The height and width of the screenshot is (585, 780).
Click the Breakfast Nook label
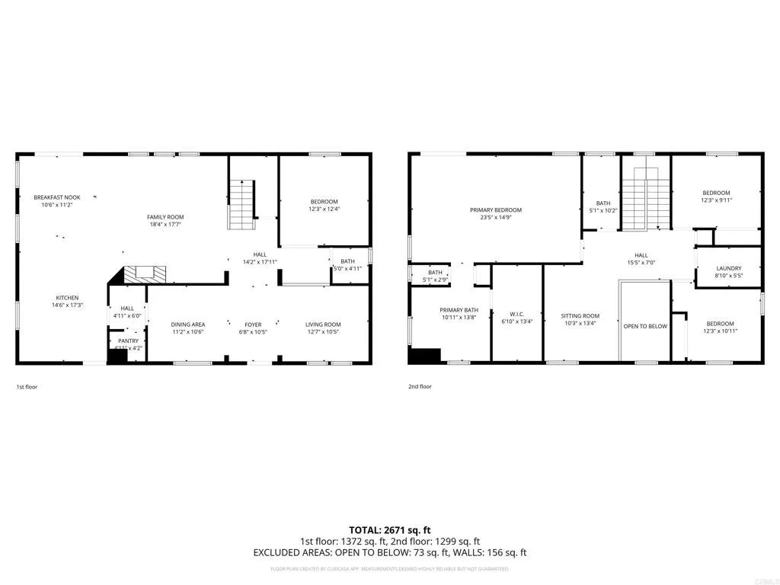pos(57,197)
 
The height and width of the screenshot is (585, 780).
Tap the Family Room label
pos(165,217)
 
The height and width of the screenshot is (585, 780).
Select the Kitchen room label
pos(67,298)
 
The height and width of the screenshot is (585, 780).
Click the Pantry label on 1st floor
pos(128,340)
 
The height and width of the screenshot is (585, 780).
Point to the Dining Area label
pos(187,324)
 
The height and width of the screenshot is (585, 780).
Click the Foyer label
pos(253,324)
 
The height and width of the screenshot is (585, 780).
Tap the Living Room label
pos(323,324)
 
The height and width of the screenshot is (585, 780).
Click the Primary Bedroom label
pos(496,210)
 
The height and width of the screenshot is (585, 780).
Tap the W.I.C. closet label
pos(517,314)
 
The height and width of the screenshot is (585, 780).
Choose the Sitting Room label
pos(580,315)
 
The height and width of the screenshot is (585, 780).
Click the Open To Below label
pos(645,326)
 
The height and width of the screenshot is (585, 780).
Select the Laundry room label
pos(729,269)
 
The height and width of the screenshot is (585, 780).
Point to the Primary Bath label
pos(459,310)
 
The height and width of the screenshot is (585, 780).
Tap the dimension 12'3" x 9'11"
pos(716,201)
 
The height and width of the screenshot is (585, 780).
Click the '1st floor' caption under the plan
pos(27,387)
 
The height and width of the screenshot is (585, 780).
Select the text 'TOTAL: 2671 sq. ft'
pos(390,529)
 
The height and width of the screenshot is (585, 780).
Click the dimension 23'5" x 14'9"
pos(496,219)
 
